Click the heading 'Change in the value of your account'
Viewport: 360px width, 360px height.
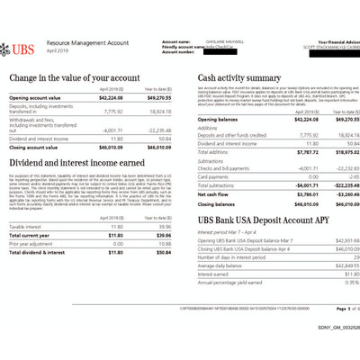point(77,78)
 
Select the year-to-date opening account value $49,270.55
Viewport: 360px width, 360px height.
point(157,97)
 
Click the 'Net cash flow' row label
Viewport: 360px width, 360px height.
point(212,193)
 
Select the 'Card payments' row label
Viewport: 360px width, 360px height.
point(212,176)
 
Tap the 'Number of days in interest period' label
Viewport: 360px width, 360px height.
point(235,258)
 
